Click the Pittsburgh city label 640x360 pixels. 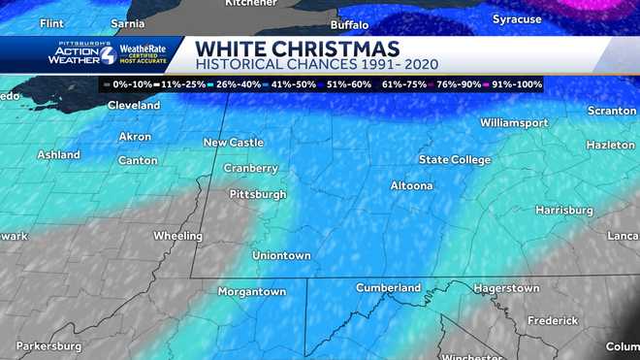(258, 194)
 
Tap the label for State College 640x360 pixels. (455, 159)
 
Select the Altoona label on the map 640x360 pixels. (411, 185)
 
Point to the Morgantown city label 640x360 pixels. (252, 291)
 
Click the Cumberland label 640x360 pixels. (389, 287)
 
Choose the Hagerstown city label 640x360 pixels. (506, 288)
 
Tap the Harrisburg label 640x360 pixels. (563, 210)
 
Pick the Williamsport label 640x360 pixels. (514, 123)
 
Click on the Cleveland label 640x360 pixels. (134, 105)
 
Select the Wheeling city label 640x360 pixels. (178, 236)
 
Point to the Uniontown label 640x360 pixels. (281, 255)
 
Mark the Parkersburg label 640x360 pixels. (48, 345)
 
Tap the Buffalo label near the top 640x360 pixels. (350, 24)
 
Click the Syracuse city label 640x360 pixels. (517, 19)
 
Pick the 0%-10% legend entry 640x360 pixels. (130, 84)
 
